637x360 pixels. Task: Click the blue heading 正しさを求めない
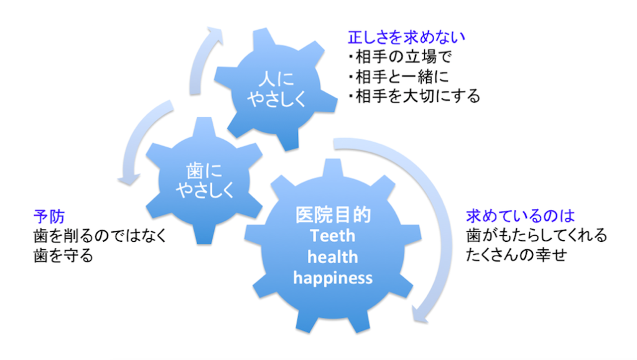pos(407,37)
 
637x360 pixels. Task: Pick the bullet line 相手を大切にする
pos(414,97)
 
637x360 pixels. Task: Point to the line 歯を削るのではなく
pos(100,237)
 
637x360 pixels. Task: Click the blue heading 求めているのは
pos(520,217)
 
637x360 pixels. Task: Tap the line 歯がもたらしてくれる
pos(536,236)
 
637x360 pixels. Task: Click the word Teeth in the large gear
pos(333,236)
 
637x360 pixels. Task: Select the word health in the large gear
pos(333,257)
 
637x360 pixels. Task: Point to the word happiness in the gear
pos(333,277)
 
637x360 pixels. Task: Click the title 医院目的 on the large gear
pos(333,216)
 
